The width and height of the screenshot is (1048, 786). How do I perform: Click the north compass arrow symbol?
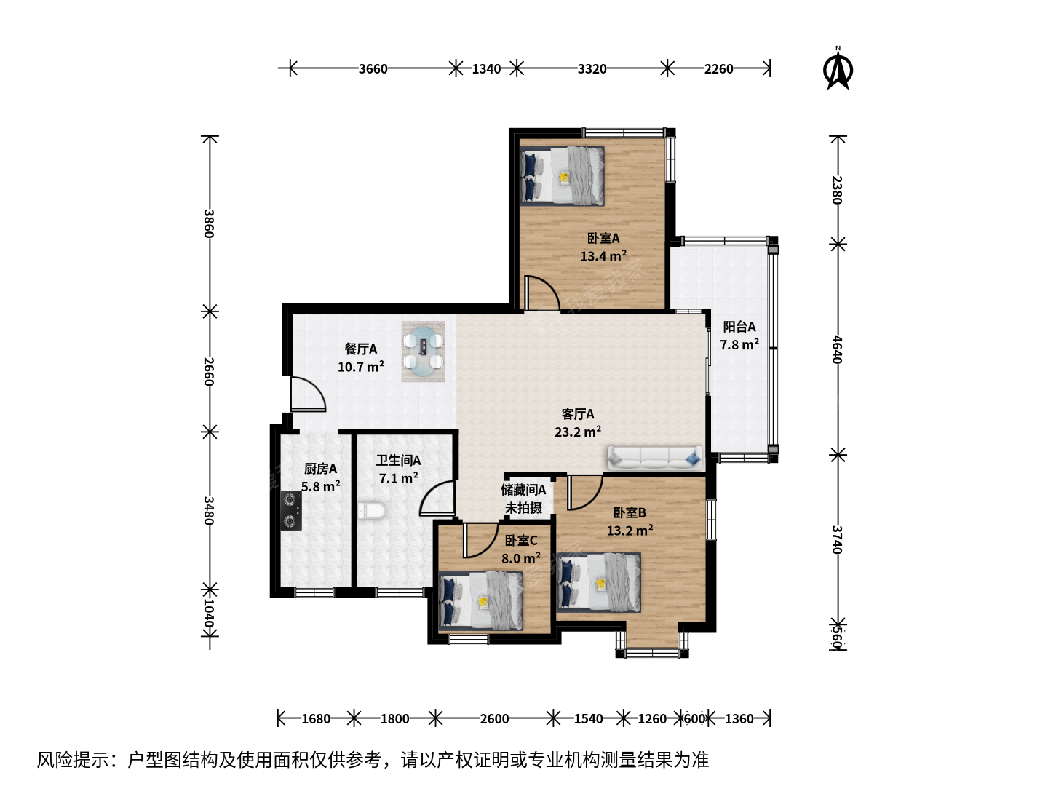838,71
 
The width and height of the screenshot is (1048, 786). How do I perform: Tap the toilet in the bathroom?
374,510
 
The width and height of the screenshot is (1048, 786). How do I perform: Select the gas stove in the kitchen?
291,511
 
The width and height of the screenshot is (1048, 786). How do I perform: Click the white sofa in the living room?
654,458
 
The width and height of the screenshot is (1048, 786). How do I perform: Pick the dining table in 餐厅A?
423,352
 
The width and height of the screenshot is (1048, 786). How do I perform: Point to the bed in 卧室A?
562,176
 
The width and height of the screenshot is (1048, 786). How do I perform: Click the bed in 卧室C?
481,601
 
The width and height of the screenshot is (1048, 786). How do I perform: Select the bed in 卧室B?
599,582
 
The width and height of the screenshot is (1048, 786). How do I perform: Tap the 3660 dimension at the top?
373,68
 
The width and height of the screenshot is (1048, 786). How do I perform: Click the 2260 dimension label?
718,68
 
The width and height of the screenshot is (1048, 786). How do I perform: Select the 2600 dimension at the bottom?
494,718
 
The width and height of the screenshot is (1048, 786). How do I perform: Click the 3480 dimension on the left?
209,511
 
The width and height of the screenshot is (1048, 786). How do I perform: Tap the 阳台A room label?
739,327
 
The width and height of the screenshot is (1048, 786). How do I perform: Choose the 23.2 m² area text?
578,432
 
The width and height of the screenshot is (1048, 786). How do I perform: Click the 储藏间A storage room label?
523,490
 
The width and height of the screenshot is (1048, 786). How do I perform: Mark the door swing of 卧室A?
542,293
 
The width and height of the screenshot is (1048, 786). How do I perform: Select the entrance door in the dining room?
309,394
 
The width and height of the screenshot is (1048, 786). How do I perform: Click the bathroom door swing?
437,499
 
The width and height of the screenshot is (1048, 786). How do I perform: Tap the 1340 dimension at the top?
486,68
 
